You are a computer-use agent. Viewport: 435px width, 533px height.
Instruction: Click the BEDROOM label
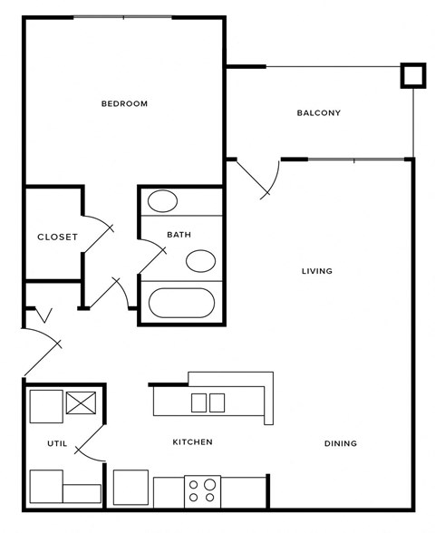[124, 104]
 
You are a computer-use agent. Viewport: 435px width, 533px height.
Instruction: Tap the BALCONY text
[318, 113]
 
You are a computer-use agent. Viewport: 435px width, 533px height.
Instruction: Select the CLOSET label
[57, 237]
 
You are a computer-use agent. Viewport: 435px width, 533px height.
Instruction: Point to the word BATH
[179, 235]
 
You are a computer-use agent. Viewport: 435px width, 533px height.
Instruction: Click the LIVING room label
[317, 271]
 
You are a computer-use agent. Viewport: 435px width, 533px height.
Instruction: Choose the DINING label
[340, 444]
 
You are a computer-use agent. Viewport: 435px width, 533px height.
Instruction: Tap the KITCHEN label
[192, 442]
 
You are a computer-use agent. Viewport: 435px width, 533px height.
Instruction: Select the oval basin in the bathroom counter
[163, 201]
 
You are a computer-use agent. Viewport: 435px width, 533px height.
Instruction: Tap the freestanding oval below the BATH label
[201, 262]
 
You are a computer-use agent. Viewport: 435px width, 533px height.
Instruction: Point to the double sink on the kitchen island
[207, 402]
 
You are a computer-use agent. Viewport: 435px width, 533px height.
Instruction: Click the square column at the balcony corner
[413, 75]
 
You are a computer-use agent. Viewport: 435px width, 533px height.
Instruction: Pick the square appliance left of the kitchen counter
[130, 489]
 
